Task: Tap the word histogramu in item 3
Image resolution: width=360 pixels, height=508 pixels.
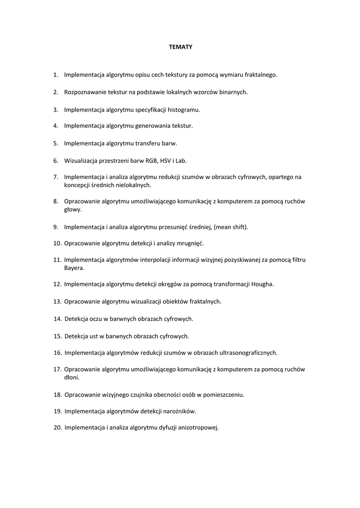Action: (x=183, y=109)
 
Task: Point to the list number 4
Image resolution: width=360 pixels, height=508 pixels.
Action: (x=56, y=126)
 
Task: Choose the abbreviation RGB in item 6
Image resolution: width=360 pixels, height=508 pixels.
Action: (x=150, y=160)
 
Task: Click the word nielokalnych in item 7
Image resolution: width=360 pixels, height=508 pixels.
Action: (x=133, y=185)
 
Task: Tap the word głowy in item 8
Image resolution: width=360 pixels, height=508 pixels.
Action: (x=72, y=209)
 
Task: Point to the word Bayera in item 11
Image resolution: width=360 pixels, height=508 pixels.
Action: (x=73, y=268)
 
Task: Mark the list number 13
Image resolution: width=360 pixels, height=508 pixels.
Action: (x=57, y=302)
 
